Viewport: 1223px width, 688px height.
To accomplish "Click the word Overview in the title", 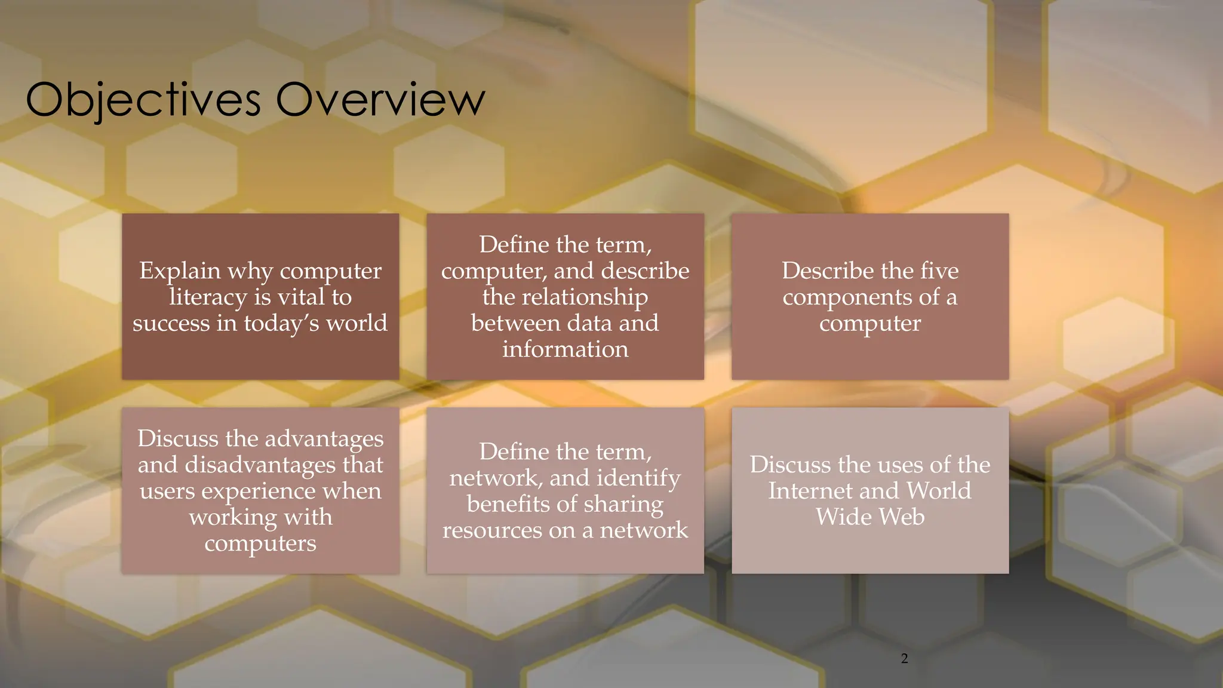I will point(380,100).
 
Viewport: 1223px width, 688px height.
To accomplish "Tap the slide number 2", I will point(904,658).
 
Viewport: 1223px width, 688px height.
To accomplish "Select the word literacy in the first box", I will point(208,297).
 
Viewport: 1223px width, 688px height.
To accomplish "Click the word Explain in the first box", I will point(180,271).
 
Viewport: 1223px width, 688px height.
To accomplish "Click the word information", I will point(565,349).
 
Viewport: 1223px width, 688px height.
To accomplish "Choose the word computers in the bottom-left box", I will point(260,543).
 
